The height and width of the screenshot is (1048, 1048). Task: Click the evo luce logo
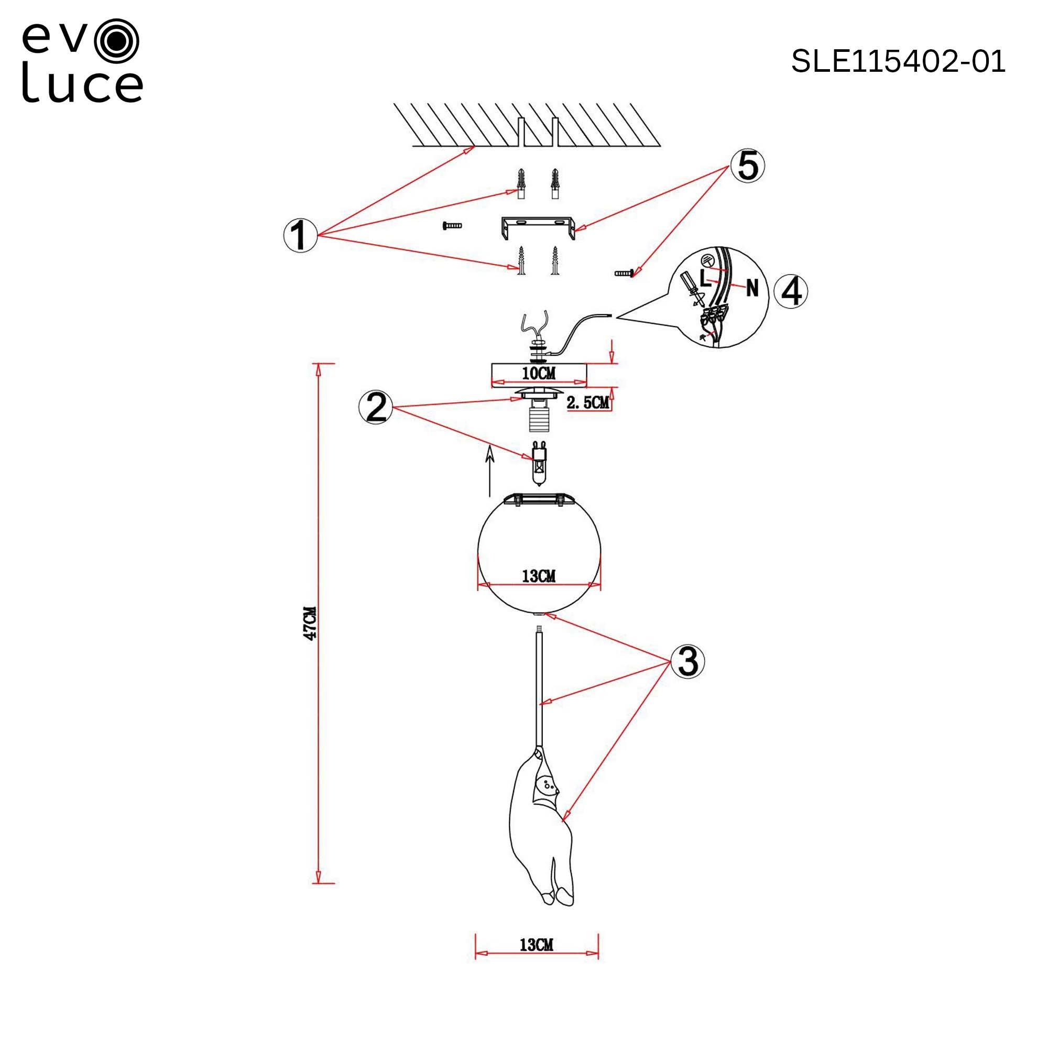(x=82, y=61)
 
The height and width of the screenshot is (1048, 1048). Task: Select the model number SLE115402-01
(x=898, y=61)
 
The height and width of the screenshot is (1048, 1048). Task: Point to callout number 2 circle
(x=375, y=407)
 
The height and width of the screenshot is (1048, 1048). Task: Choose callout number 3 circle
(x=688, y=661)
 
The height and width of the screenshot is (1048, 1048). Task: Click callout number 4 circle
(x=791, y=292)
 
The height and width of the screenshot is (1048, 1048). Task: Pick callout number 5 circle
(x=747, y=166)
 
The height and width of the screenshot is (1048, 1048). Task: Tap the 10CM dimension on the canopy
(x=539, y=373)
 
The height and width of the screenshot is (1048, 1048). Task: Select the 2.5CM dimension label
(x=587, y=402)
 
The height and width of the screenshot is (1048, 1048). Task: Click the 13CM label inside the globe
(x=539, y=575)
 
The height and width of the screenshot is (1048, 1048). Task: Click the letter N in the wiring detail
(x=752, y=288)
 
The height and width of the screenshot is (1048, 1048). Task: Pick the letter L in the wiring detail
(x=705, y=278)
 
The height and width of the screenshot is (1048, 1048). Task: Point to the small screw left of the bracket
(x=451, y=225)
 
